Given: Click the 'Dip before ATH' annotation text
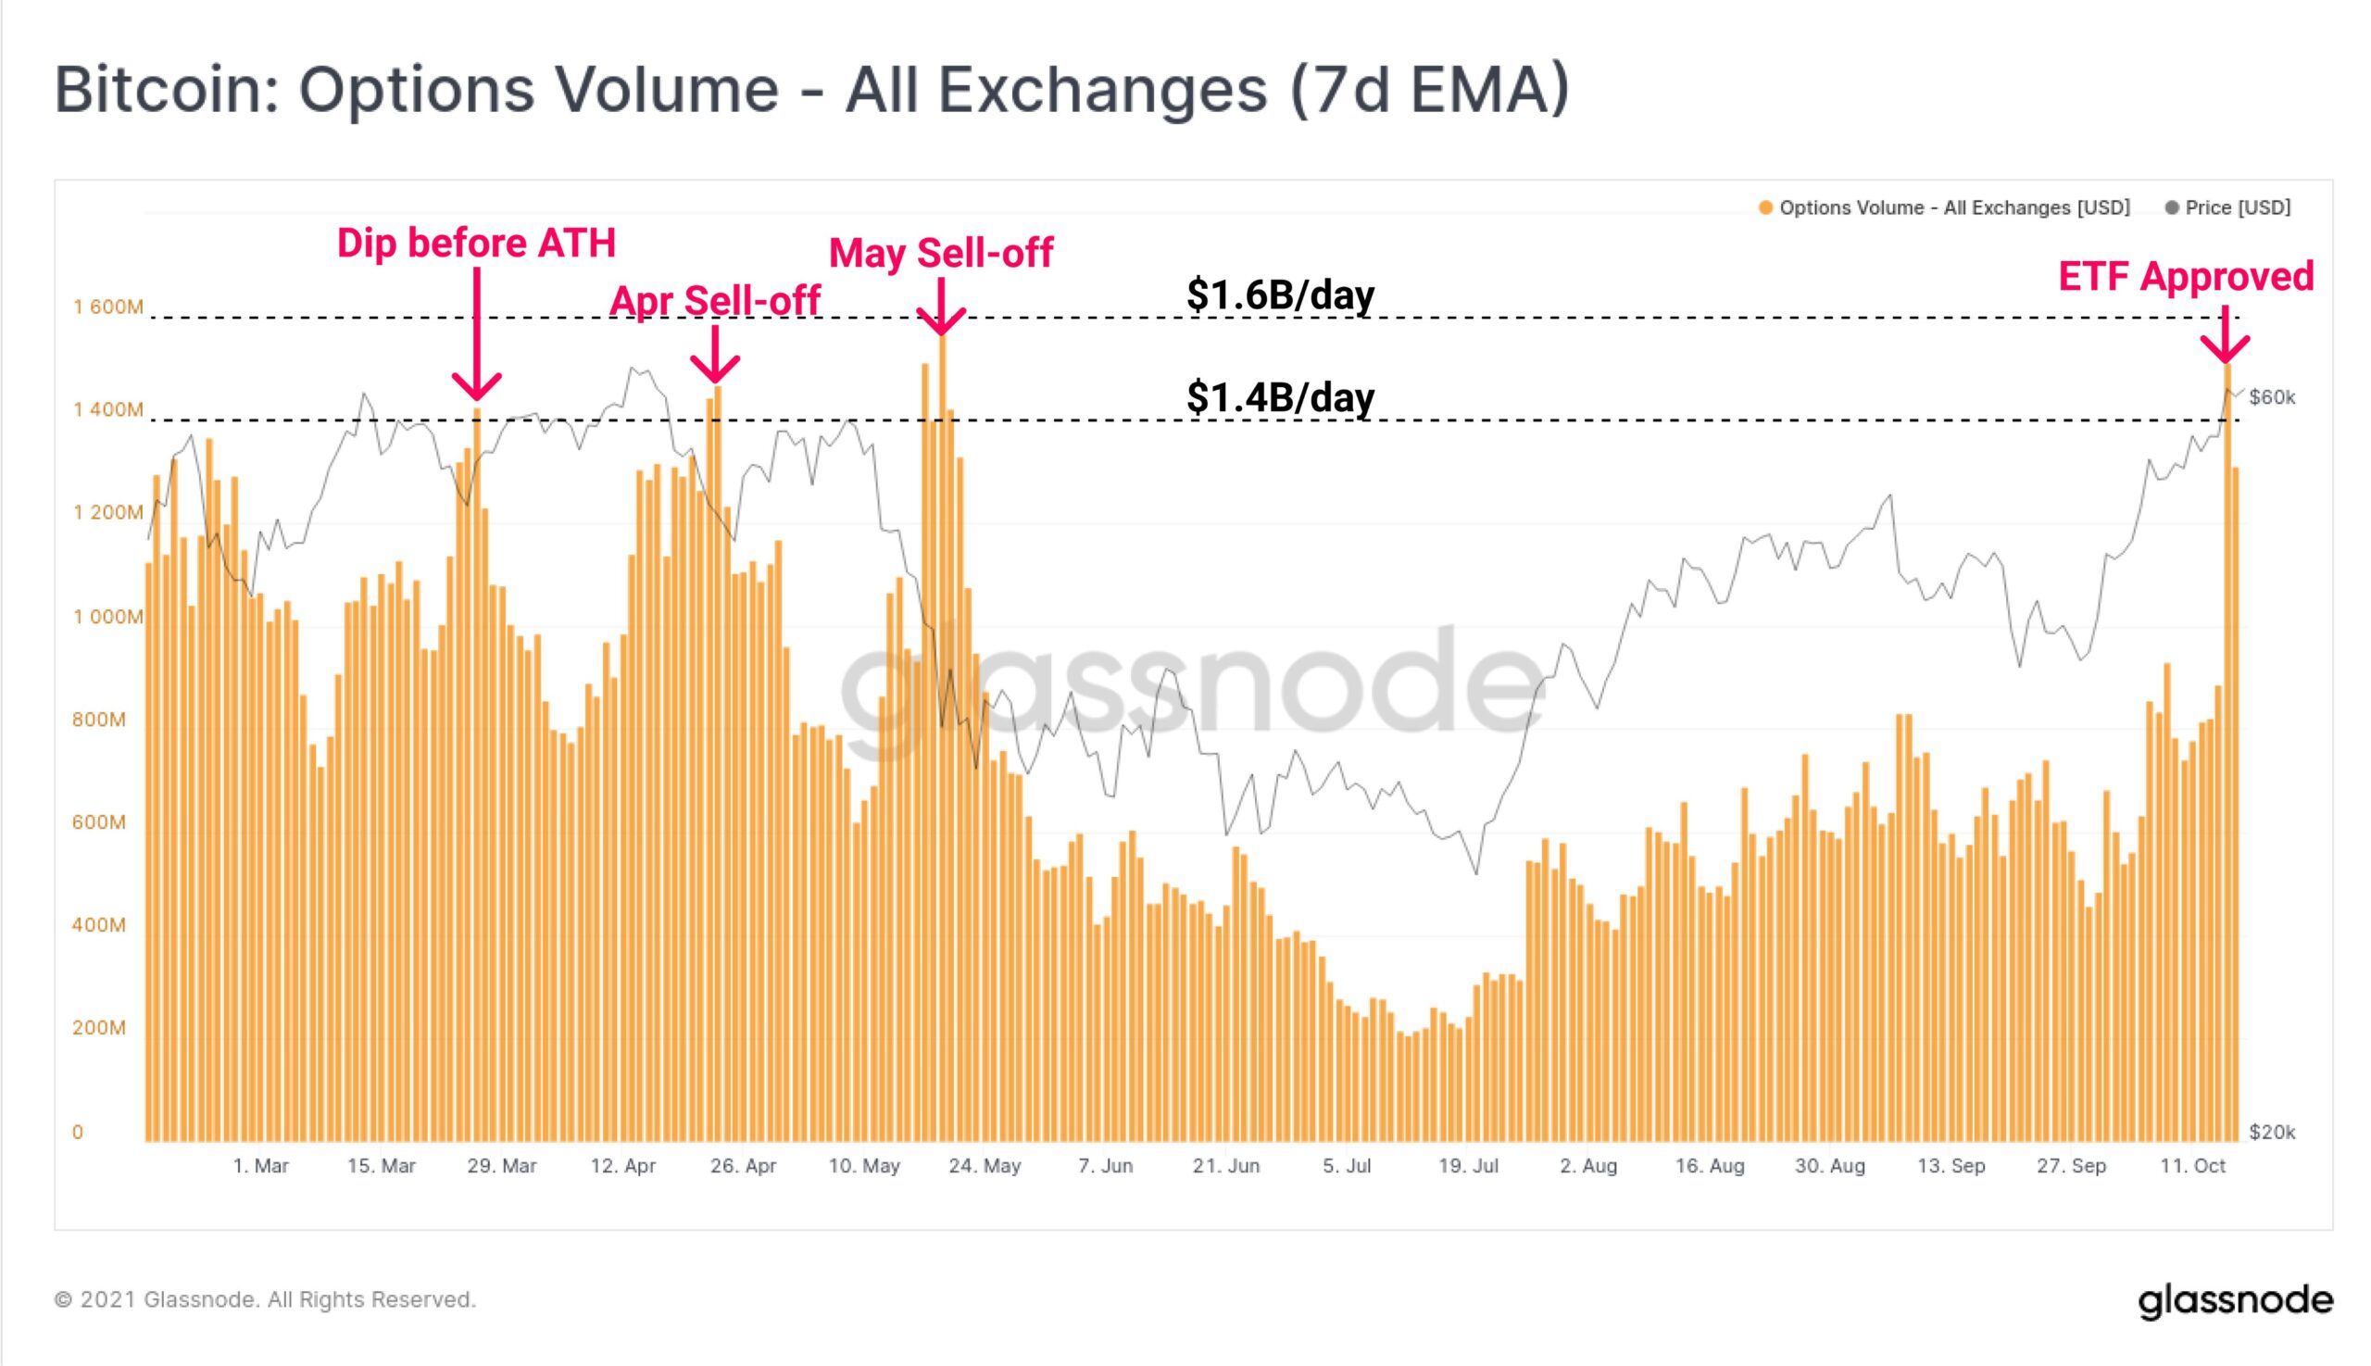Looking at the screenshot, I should [476, 244].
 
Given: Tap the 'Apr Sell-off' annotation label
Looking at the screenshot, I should [715, 301].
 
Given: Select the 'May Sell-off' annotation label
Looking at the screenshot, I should [940, 254].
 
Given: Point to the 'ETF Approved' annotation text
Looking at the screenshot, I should [2185, 277].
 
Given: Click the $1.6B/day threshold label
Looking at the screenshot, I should [1280, 295].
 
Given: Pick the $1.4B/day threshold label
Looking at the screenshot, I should [1280, 397].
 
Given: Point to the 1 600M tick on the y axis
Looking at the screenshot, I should [108, 307].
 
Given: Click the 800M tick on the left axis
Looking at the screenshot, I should [98, 720].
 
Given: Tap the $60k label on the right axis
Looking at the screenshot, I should [2272, 398].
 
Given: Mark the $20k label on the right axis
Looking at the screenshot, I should [2272, 1133].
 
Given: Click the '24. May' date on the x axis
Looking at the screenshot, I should [985, 1166].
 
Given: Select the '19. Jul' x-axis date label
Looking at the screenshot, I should [1468, 1166].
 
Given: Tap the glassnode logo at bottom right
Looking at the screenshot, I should [2235, 1301].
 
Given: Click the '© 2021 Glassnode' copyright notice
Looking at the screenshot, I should [265, 1299].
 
